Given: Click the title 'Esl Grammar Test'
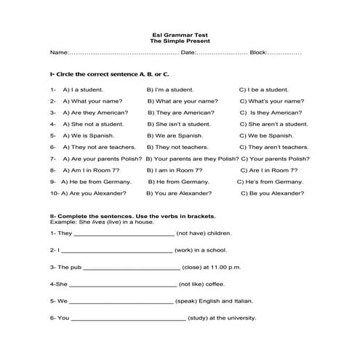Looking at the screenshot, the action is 176,36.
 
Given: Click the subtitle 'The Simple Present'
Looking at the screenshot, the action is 176,42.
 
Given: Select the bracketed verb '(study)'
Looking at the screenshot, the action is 199,318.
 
